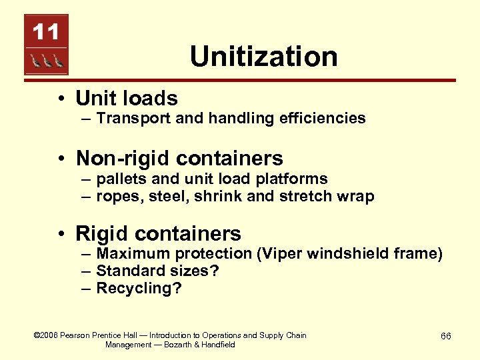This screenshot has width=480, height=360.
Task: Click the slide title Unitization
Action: pos(263,56)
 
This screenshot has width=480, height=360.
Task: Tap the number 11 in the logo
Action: pos(46,31)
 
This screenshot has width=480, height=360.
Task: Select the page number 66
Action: pos(446,337)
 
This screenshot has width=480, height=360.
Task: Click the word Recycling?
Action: pos(139,288)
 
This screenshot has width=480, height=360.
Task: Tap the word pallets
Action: pos(119,179)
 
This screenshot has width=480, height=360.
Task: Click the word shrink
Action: pos(230,196)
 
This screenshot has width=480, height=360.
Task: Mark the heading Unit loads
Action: pos(127,99)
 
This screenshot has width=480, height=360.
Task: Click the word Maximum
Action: pos(133,253)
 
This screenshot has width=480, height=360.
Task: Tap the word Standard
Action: pos(127,271)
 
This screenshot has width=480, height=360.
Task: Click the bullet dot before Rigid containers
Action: pos(61,234)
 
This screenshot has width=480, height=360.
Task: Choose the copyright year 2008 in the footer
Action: pos(47,335)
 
